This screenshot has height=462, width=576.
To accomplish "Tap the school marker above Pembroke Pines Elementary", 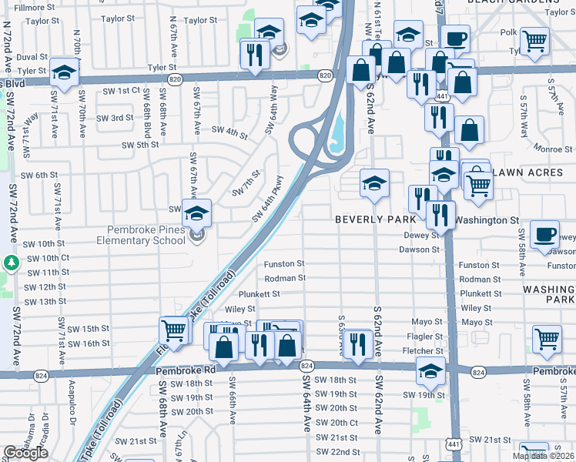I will tap(196, 213).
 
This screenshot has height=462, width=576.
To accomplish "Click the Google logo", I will tap(25, 453).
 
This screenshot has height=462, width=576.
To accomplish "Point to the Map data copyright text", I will tap(543, 456).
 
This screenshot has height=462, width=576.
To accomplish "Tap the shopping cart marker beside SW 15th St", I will tap(173, 330).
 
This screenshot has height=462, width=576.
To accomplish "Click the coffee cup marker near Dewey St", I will tap(544, 233).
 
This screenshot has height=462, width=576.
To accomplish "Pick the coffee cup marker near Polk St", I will tap(455, 38).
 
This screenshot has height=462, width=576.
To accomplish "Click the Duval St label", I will tap(32, 57).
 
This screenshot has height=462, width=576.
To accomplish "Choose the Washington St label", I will tap(487, 220).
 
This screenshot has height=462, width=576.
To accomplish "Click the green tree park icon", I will tap(10, 263).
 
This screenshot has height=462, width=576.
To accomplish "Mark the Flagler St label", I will tap(427, 336).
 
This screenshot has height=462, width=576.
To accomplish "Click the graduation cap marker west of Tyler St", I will tap(65, 72).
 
